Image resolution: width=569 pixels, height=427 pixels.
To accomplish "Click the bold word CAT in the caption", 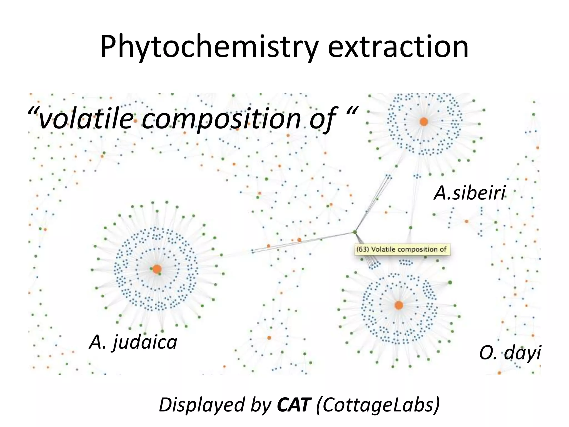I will click(293, 405).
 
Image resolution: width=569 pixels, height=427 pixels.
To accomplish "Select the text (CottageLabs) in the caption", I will click(378, 405).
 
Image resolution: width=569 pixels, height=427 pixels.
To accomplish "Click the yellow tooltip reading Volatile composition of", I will click(402, 249).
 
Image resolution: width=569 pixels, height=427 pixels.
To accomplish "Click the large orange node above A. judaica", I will click(157, 269).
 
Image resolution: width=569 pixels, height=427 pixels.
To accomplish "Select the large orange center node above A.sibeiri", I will click(424, 121).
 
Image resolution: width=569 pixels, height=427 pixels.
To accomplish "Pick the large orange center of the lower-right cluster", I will click(399, 305).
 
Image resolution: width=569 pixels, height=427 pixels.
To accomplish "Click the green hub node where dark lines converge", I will click(355, 232).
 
